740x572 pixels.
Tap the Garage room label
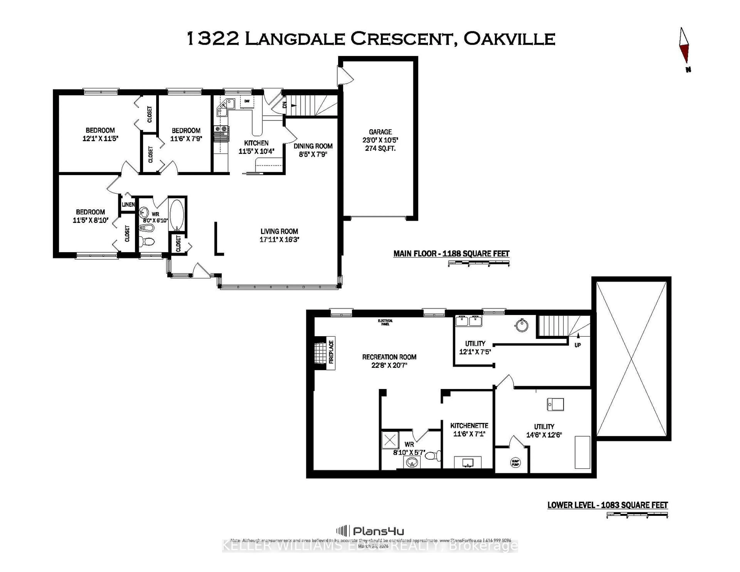coord(380,132)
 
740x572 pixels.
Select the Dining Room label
coord(313,146)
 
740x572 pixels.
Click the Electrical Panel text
coord(385,322)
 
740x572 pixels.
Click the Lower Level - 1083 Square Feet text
coord(607,505)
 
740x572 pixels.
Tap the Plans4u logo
coord(370,531)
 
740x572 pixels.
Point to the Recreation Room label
coord(389,357)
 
